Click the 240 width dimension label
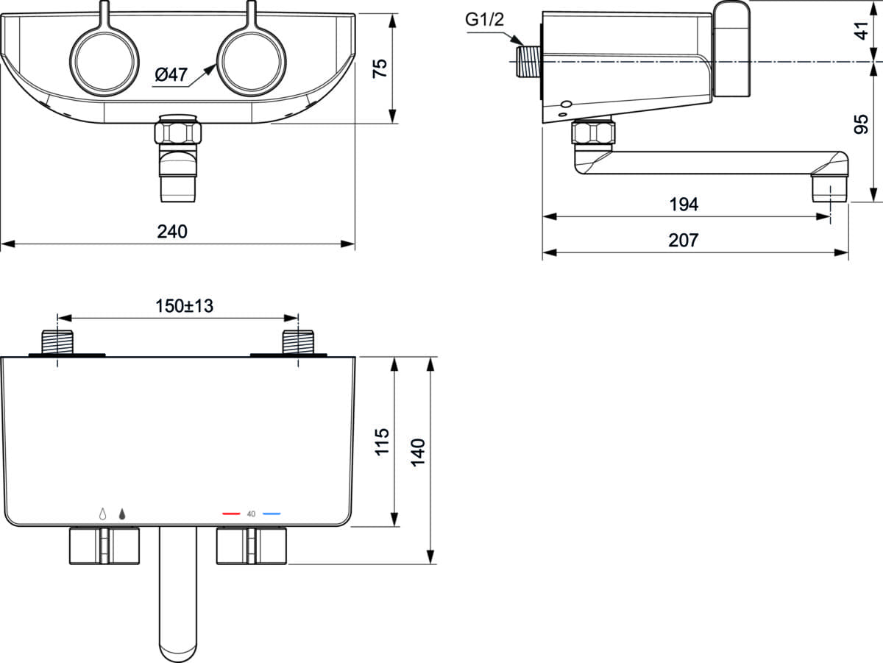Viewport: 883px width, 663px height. point(172,231)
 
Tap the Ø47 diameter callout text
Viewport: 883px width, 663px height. point(171,74)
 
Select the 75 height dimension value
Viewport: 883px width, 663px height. point(380,68)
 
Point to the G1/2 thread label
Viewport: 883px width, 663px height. point(484,19)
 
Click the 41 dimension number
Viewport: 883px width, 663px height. point(861,31)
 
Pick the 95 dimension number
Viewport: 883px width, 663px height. point(861,124)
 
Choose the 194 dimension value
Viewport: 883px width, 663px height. point(684,205)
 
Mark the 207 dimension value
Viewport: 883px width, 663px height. point(684,240)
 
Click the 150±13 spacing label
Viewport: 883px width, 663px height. point(184,306)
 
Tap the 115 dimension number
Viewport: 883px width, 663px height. point(382,442)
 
